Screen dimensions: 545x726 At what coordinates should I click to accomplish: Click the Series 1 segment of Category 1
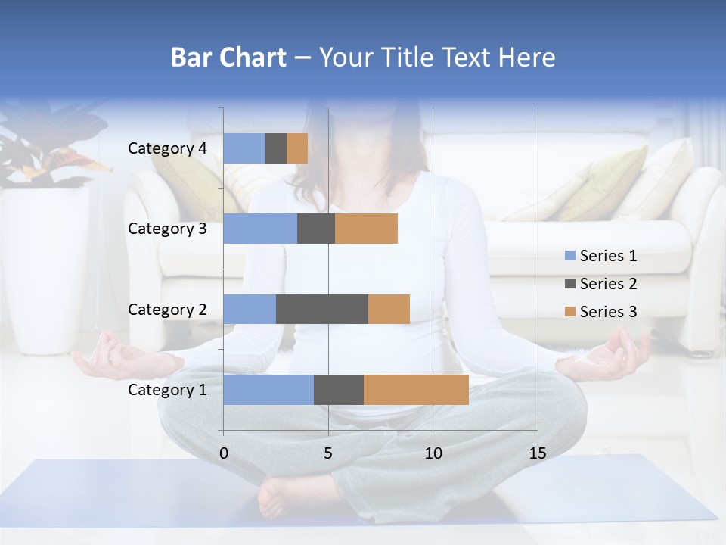[268, 390]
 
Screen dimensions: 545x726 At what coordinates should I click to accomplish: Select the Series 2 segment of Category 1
[339, 390]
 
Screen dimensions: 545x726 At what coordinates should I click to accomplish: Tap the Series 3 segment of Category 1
[416, 390]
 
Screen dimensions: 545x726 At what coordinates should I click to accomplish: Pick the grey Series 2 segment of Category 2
[322, 309]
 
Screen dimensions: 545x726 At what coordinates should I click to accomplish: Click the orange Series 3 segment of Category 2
[389, 309]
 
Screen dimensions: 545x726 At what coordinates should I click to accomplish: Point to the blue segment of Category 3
[260, 229]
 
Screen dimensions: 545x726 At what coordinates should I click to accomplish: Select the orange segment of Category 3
[366, 229]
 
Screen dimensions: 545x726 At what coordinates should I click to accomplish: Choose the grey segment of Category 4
[276, 148]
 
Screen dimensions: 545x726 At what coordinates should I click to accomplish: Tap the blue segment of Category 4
[244, 148]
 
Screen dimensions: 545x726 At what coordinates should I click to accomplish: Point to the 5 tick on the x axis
[328, 453]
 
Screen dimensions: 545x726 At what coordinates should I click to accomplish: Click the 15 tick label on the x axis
[538, 453]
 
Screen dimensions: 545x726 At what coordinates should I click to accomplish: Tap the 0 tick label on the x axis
[224, 453]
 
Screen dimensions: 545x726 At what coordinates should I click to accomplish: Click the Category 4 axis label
[167, 148]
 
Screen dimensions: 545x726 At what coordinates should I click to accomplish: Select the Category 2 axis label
[167, 309]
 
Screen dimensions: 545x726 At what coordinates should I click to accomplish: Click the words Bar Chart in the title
[228, 58]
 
